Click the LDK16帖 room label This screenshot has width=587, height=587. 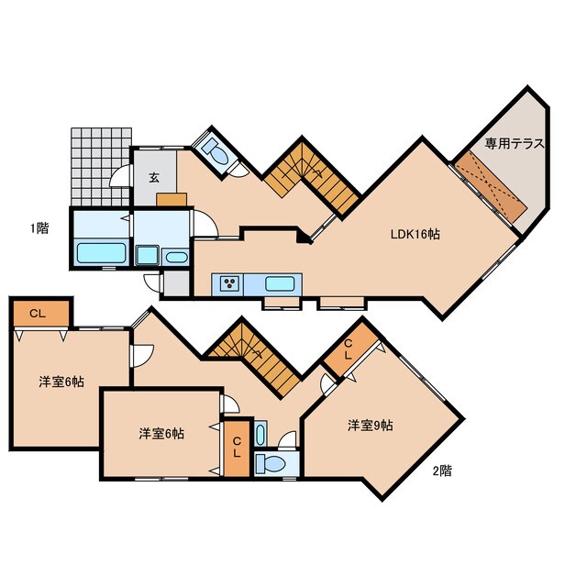point(415,235)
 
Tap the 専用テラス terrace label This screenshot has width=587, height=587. point(515,143)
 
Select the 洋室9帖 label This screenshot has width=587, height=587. point(370,426)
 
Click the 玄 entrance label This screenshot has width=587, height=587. point(154,177)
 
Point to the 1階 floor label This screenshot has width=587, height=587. point(39,227)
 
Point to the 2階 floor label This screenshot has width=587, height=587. point(442,471)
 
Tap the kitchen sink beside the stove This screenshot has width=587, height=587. point(279,284)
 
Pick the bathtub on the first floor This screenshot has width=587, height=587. point(101,253)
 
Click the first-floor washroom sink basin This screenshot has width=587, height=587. point(177,258)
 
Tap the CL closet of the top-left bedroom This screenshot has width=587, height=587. point(41,314)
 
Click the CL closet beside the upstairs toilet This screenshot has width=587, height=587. point(237,449)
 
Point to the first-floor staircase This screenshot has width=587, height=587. point(312,176)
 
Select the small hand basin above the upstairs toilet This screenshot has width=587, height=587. point(260,434)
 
